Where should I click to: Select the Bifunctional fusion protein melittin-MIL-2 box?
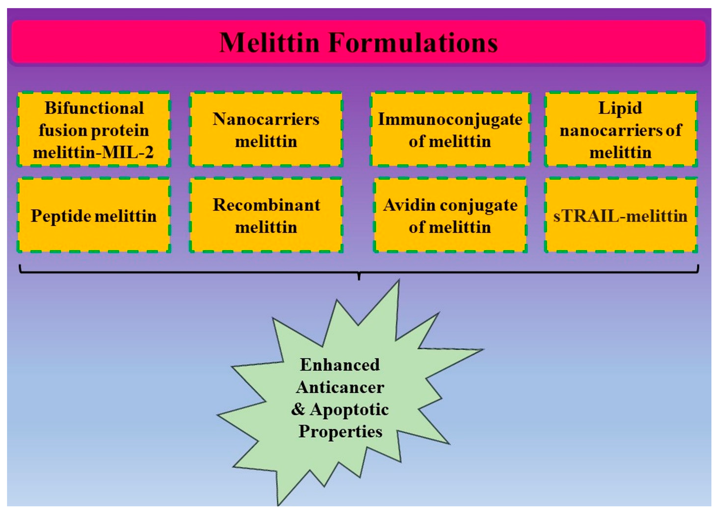pyautogui.click(x=94, y=130)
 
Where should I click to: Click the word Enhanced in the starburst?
pyautogui.click(x=340, y=365)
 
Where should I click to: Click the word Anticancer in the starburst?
pyautogui.click(x=340, y=387)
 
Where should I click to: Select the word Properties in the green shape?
pyautogui.click(x=340, y=431)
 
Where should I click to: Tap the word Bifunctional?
pyautogui.click(x=94, y=108)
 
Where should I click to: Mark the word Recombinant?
pyautogui.click(x=266, y=205)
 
